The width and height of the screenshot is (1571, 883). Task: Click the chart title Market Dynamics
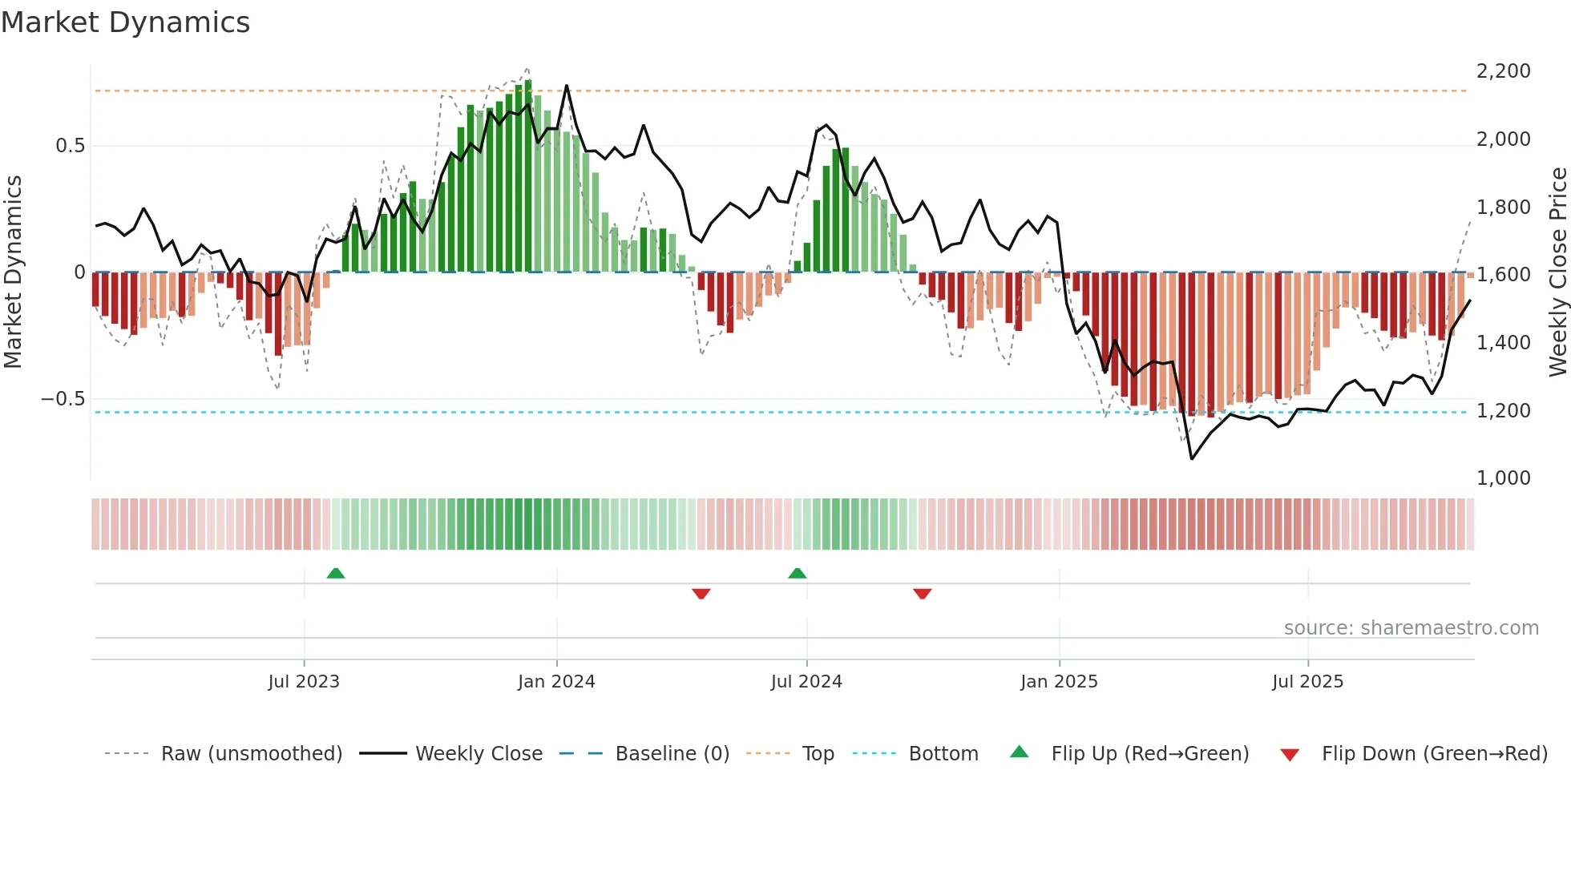click(x=125, y=22)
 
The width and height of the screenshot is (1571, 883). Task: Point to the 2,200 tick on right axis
click(x=1503, y=71)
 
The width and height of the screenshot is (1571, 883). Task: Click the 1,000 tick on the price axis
click(x=1503, y=478)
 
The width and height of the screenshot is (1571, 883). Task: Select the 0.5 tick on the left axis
click(x=70, y=146)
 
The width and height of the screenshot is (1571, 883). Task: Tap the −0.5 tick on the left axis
click(x=63, y=399)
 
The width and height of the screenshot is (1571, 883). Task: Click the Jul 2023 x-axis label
click(x=304, y=682)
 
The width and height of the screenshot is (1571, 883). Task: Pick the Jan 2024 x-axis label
click(x=556, y=682)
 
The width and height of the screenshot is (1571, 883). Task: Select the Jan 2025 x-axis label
click(x=1059, y=682)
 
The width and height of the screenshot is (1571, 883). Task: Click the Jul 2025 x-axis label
click(x=1307, y=682)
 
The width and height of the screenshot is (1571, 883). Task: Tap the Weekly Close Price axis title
click(x=1557, y=272)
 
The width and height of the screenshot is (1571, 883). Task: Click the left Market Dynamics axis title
click(x=13, y=272)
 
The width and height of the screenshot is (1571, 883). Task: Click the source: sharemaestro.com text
click(x=1411, y=628)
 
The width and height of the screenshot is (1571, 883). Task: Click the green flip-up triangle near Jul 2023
click(x=336, y=574)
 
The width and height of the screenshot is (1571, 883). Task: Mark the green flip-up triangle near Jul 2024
click(x=797, y=574)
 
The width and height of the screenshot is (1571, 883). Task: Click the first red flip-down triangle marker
click(x=701, y=594)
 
